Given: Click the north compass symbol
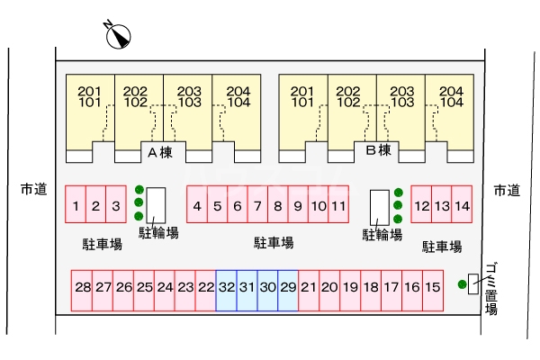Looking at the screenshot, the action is [118, 35].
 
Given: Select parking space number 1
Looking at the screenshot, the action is [76, 204].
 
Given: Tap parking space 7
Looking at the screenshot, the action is [257, 204].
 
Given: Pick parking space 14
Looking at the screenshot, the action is [462, 204].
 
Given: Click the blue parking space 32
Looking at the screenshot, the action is [226, 291].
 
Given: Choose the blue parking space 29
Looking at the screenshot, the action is [288, 291].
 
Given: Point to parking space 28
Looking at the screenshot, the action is [82, 291].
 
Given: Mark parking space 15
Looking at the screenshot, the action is [433, 291].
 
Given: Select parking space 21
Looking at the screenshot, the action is [309, 291].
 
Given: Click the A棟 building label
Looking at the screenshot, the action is [160, 152].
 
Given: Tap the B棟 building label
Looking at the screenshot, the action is [379, 150].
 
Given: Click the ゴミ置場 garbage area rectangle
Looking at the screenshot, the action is [473, 283].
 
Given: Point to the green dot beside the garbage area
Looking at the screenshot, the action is [463, 284].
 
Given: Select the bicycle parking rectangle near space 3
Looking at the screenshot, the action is [156, 205].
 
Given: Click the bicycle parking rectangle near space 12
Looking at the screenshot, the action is [380, 207].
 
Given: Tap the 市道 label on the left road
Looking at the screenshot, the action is [34, 189].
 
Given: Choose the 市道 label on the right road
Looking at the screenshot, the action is [507, 190].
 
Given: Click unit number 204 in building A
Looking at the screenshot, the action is [238, 92].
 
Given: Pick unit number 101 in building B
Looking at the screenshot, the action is [302, 103].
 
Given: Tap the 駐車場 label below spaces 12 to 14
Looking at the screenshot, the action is [442, 247].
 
